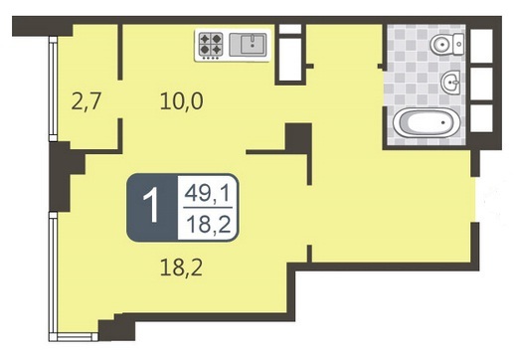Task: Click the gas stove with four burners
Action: coord(210,45)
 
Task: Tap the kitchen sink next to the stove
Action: coord(248,44)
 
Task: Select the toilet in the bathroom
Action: coord(447,44)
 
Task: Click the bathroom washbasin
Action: coord(450,82)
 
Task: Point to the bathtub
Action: coord(427,122)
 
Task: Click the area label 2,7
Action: coord(86,101)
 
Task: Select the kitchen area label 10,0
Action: coord(181,101)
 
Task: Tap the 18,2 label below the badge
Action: coord(181,268)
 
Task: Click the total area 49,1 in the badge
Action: coord(207,193)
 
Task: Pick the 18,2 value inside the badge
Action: coord(208,224)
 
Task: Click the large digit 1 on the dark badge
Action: coord(152,207)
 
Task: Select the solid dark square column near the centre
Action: coord(298,137)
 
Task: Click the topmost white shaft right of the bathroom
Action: coord(481,46)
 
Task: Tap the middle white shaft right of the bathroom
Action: coord(481,84)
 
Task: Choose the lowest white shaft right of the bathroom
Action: coord(481,118)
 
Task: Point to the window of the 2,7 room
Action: coord(53,89)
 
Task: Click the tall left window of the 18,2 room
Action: coord(53,272)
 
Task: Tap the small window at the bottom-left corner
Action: coord(74,337)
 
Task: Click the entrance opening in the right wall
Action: coord(475,199)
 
